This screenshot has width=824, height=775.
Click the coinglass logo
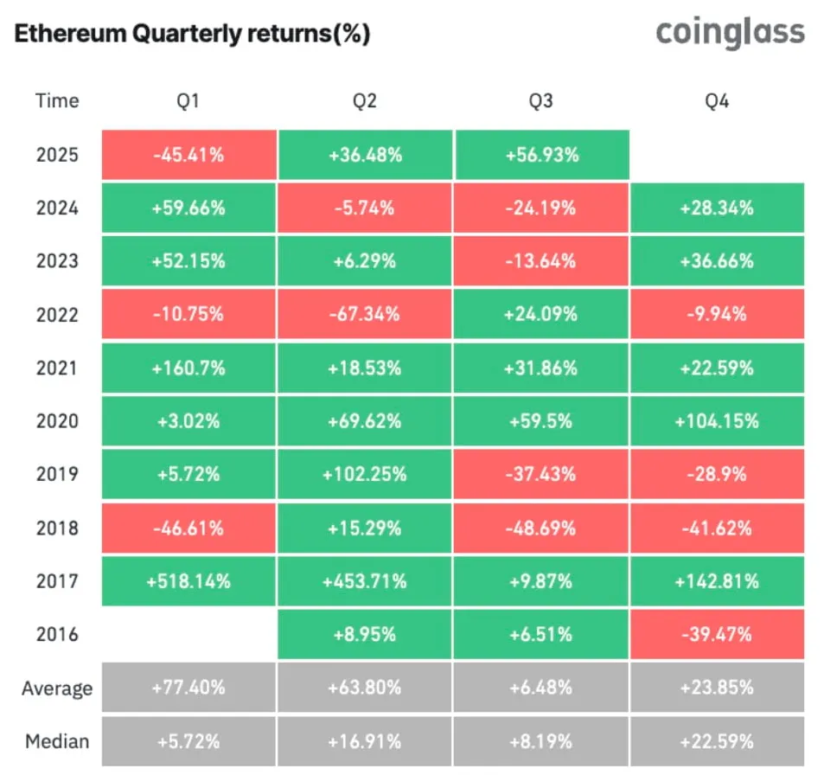(730, 33)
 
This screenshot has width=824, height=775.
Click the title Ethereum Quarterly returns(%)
(192, 35)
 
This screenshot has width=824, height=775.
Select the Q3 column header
(540, 101)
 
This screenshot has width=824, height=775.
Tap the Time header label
(57, 101)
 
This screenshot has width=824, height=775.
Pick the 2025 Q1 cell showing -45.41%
(188, 156)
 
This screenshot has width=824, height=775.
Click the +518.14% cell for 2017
(188, 581)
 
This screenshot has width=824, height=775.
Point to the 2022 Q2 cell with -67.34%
(364, 315)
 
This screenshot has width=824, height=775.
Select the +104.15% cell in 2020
(717, 421)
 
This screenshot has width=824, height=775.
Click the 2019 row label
(57, 475)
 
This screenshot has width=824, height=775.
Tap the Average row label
(57, 689)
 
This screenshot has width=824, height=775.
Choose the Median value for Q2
(364, 741)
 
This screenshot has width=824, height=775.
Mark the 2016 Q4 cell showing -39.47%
(717, 635)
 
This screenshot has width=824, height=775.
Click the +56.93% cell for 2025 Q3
(540, 156)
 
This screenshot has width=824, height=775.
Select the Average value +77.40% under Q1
(188, 689)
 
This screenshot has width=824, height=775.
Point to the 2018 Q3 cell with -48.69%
(540, 528)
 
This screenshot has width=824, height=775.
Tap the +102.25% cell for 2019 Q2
(364, 475)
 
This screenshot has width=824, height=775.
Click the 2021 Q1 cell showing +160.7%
(188, 368)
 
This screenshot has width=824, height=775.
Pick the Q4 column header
(717, 101)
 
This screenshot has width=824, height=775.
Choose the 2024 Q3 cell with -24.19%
(540, 208)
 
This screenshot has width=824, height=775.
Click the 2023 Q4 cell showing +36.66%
(717, 261)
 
